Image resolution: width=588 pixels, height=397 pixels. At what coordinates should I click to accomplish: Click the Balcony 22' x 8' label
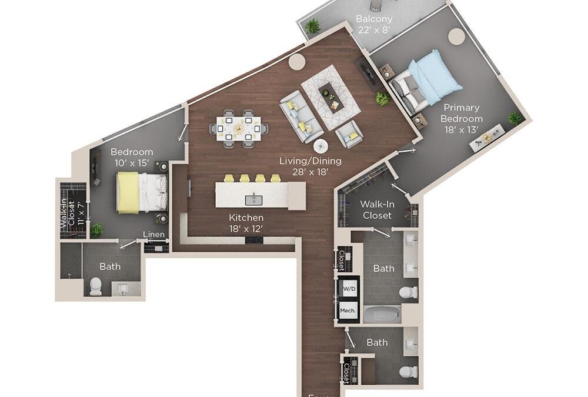374,24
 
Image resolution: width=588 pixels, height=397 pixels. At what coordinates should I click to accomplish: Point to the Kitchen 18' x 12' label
245,223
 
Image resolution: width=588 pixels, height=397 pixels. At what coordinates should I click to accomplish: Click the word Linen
153,235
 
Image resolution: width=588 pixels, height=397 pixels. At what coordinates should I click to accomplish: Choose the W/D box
348,288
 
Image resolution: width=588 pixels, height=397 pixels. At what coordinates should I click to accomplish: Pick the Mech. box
348,309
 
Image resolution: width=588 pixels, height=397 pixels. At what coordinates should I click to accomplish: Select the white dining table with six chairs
239,126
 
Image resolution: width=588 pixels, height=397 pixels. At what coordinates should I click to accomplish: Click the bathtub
382,314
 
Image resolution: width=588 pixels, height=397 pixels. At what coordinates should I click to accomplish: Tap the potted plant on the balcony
312,26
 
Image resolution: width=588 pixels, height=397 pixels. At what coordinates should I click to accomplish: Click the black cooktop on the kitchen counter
254,240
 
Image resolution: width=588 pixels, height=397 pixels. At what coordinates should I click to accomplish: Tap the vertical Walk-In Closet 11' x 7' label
68,215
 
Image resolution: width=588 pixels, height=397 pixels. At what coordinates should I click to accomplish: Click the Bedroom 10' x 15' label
132,158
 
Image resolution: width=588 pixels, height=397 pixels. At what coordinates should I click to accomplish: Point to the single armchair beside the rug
349,135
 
